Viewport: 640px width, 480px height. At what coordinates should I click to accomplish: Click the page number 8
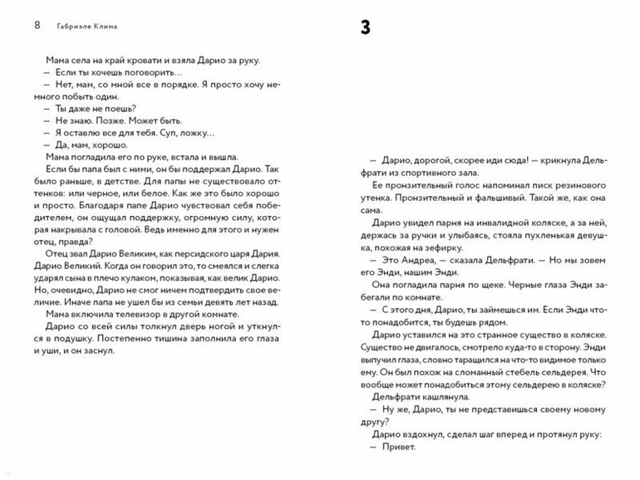click(x=37, y=24)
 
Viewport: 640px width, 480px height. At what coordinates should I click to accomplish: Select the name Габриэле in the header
click(x=76, y=25)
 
